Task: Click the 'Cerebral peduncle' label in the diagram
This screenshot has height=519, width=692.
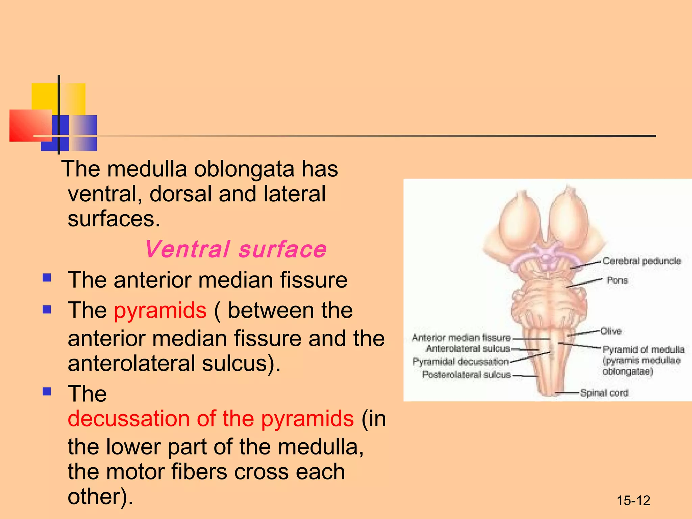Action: [x=641, y=261]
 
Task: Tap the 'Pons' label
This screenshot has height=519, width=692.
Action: [x=617, y=280]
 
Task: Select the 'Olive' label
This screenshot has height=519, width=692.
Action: [x=611, y=331]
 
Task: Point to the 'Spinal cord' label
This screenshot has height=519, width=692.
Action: [x=604, y=393]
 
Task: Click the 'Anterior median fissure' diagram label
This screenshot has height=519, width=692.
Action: [x=461, y=338]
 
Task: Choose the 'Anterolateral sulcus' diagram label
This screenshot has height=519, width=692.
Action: [x=468, y=348]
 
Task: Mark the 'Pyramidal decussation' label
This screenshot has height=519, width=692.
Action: [x=460, y=362]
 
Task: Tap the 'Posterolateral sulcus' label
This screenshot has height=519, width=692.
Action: [x=466, y=375]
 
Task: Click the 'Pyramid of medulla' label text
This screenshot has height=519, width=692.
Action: [x=643, y=349]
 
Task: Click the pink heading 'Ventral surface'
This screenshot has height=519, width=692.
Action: [x=236, y=249]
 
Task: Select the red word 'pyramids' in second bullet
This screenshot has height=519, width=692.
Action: [x=160, y=310]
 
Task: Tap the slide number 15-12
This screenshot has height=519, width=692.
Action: [x=633, y=500]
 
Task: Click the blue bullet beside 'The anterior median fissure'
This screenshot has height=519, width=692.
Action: [x=47, y=278]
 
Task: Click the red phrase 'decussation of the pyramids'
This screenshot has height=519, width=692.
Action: [x=211, y=418]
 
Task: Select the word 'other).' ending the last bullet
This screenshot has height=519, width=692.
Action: [x=100, y=496]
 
